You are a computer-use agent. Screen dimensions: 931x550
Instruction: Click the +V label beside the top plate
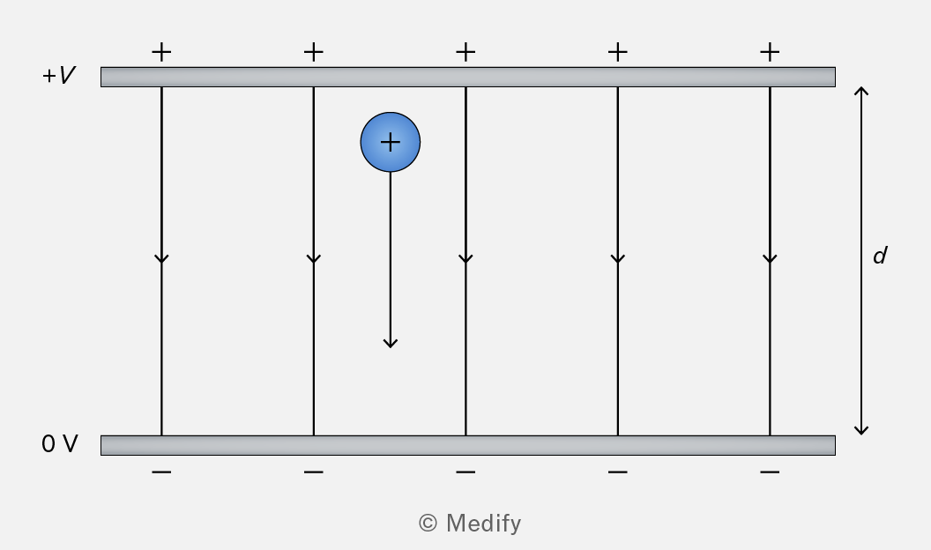point(59,75)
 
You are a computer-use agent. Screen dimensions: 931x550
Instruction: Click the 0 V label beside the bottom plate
point(59,444)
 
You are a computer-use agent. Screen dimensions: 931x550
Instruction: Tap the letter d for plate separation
point(880,255)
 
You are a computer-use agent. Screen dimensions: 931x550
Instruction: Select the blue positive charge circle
point(390,142)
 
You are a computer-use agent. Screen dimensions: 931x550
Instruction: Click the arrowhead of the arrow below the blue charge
point(390,343)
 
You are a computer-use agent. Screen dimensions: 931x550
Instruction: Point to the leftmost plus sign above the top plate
point(161,52)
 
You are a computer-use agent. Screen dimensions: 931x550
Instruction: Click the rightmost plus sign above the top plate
point(770,52)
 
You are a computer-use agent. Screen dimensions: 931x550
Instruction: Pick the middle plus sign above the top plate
point(465,52)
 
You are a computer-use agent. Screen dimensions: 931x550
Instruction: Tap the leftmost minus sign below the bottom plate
point(161,472)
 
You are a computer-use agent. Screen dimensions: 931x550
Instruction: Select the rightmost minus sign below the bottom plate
point(770,472)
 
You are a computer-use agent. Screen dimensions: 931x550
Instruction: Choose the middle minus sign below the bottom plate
point(465,472)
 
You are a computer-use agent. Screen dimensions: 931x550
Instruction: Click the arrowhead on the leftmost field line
point(161,258)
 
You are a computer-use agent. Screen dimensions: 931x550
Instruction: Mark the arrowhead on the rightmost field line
point(770,258)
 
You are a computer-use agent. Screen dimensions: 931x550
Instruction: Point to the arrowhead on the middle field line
point(465,258)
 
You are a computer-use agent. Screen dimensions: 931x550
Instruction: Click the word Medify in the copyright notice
point(483,524)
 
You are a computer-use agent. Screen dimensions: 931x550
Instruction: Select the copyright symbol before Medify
point(428,523)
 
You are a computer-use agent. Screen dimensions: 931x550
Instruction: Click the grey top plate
point(468,78)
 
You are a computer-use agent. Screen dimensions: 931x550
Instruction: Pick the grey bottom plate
point(468,446)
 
